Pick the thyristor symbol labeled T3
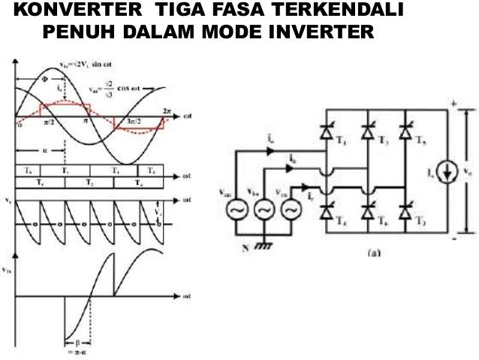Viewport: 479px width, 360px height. [368, 133]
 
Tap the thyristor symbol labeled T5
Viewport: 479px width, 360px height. [408, 133]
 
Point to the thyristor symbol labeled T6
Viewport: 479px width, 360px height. [368, 213]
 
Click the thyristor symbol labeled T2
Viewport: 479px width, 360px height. [408, 213]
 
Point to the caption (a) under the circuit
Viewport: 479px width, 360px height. [373, 253]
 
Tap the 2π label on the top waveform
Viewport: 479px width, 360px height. [166, 110]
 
